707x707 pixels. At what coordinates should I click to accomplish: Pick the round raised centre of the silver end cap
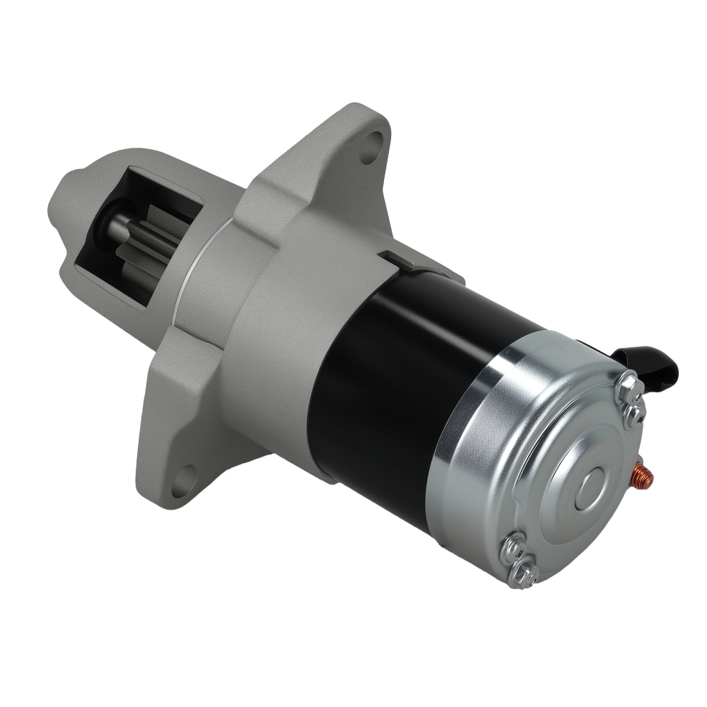tap(591, 488)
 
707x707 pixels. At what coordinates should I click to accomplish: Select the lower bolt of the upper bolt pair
tap(635, 414)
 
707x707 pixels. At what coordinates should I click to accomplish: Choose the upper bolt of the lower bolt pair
tap(513, 547)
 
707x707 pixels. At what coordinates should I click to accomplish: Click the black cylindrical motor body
tap(396, 375)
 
